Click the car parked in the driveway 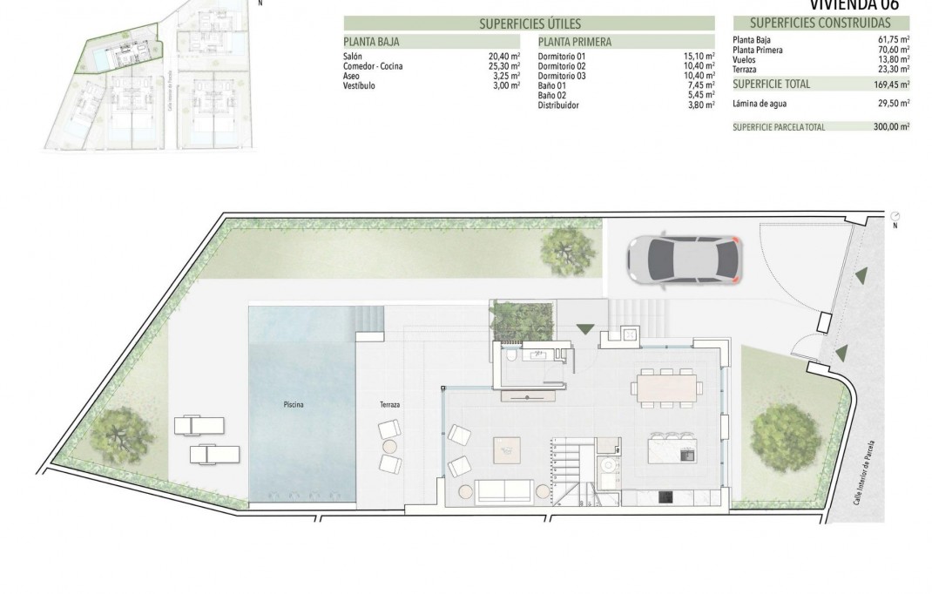pyautogui.click(x=684, y=260)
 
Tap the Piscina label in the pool pyautogui.click(x=294, y=405)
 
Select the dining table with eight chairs pyautogui.click(x=668, y=388)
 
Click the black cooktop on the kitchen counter pyautogui.click(x=665, y=497)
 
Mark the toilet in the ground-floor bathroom pyautogui.click(x=510, y=354)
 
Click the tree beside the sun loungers pyautogui.click(x=120, y=433)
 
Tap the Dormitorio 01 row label pyautogui.click(x=557, y=56)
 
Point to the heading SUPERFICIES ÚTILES pyautogui.click(x=530, y=24)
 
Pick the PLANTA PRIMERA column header pyautogui.click(x=575, y=41)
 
